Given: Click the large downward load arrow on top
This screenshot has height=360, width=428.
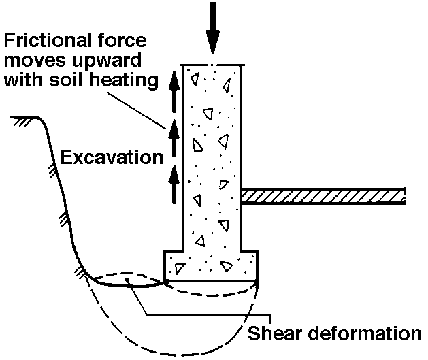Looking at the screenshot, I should click(x=214, y=27).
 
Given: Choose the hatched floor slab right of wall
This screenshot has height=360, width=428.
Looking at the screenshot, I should click(x=323, y=196).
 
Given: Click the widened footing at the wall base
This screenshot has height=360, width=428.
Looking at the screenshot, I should click(x=211, y=265).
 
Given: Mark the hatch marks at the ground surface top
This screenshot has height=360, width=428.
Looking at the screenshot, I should click(x=20, y=119).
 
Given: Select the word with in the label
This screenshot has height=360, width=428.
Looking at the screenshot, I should click(x=24, y=81).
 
